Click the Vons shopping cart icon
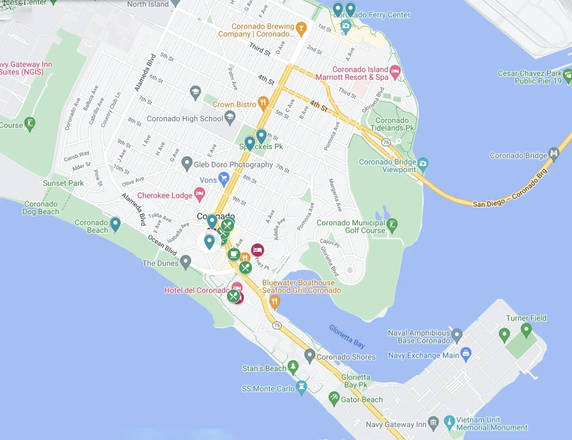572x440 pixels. tap(224, 179)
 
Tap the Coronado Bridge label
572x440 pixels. tap(518, 156)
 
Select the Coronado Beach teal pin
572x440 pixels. tap(115, 224)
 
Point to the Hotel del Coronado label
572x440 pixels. tap(196, 290)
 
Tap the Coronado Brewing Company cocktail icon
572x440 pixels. tap(301, 27)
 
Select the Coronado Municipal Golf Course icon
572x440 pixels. tap(392, 225)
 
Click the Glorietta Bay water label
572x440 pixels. tap(347, 337)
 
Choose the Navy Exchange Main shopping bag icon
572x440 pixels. tap(466, 354)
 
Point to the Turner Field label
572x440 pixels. tap(526, 318)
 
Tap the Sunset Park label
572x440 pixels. tap(63, 183)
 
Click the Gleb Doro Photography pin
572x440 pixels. tap(187, 164)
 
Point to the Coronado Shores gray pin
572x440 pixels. tap(309, 355)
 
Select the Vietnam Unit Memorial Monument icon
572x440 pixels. tap(449, 422)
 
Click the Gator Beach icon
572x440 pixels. tap(334, 398)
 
